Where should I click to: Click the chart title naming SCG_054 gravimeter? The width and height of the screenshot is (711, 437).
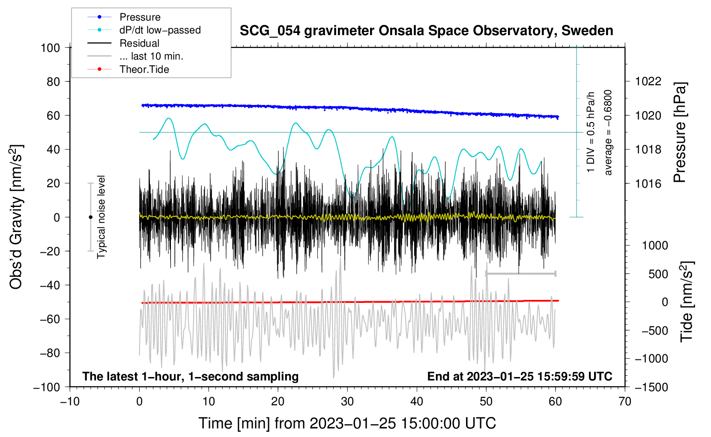pos(426,31)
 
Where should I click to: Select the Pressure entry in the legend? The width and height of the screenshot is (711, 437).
pos(124,17)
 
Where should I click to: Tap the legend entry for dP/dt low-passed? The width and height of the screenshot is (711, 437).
pos(144,30)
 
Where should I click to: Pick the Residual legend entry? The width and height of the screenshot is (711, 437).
pos(123,43)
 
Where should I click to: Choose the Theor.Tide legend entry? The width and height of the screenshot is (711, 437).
pos(128,69)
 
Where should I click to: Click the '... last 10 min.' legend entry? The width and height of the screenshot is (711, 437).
pos(135,56)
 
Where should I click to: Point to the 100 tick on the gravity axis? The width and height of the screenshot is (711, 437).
pos(51,48)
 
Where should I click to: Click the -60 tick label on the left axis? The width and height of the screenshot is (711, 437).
pos(50,319)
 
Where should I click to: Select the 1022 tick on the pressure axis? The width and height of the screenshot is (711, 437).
pos(648,82)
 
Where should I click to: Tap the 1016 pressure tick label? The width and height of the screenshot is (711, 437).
pos(648,183)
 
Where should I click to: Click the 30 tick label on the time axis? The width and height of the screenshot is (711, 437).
pos(347,402)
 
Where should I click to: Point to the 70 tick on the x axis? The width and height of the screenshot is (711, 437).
pos(624,402)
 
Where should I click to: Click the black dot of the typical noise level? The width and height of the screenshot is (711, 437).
pos(90,217)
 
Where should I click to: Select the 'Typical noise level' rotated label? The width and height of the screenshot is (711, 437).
pos(101,217)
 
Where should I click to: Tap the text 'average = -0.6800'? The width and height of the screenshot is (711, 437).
pos(607,132)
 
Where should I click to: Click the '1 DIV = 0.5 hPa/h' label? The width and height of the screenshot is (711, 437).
pos(590,132)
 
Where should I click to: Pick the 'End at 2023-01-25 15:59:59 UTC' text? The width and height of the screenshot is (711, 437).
pos(520,376)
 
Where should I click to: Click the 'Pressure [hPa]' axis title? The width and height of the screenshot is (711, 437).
pos(680,132)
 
